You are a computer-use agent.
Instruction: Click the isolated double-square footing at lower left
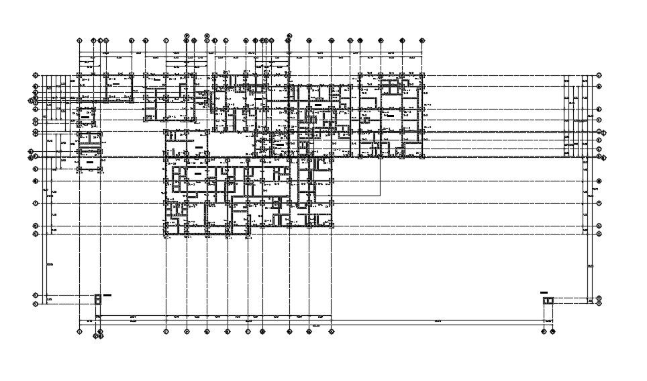point(98,299)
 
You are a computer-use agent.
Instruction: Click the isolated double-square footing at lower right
point(548,300)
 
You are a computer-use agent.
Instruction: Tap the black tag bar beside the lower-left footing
point(107,295)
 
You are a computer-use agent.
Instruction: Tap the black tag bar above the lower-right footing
point(544,293)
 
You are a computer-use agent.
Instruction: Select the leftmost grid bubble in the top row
point(79,40)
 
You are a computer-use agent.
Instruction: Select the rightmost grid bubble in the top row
point(421,40)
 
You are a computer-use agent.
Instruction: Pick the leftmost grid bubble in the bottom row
point(79,331)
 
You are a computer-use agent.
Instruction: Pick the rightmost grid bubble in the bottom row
point(554,331)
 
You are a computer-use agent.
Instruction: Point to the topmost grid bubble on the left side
point(36,76)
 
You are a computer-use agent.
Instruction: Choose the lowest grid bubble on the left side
point(36,303)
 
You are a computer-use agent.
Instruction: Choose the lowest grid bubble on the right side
point(599,302)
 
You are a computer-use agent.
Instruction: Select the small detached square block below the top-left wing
point(86,116)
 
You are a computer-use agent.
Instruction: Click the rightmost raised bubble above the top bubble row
point(289,35)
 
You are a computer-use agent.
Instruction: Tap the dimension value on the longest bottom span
point(438,321)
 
